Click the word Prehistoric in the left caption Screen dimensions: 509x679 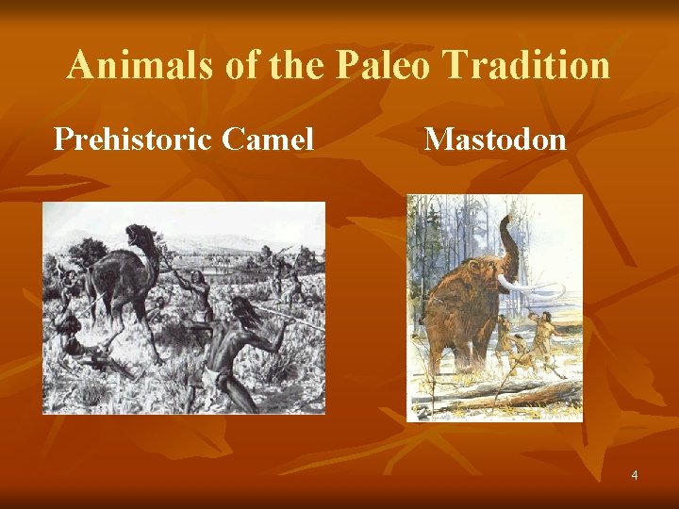[x=131, y=140]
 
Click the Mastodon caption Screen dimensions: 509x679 [x=495, y=140]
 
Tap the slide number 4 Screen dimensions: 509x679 [x=634, y=475]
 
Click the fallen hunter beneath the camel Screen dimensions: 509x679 [x=79, y=344]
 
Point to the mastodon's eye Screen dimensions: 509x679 [x=489, y=277]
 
